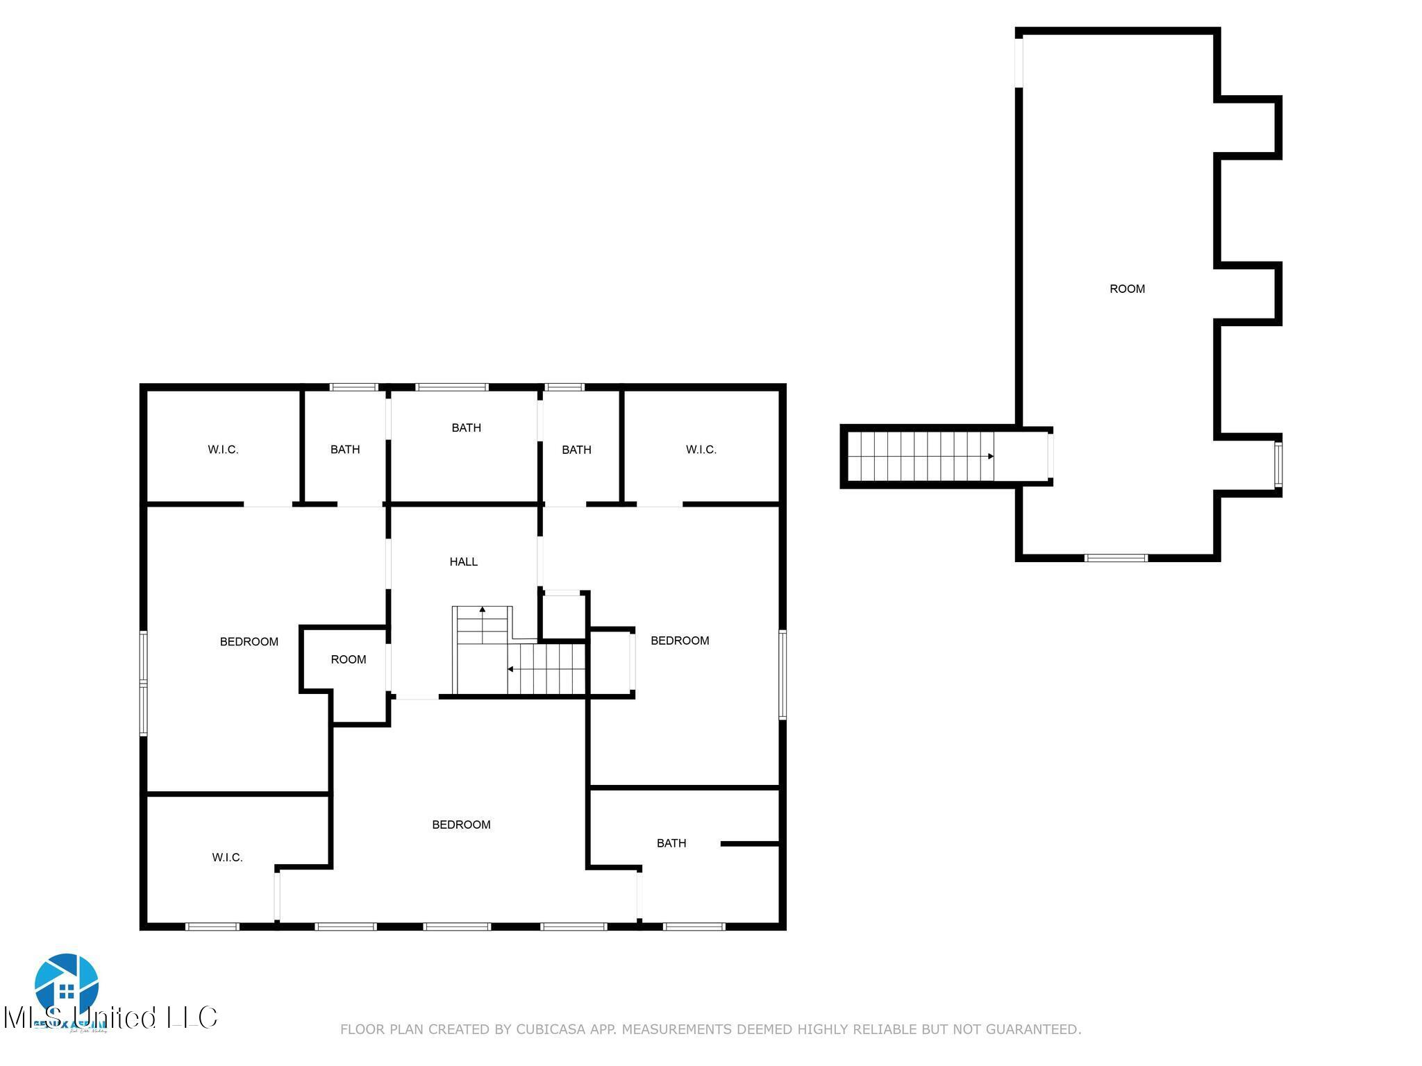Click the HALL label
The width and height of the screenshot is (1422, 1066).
coord(463,561)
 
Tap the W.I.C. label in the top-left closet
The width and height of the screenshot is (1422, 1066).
coord(223,450)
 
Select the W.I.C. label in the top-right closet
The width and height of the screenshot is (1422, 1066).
coord(701,450)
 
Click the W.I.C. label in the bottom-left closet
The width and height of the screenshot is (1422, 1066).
coord(227,858)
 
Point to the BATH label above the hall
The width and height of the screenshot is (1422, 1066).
coord(466,428)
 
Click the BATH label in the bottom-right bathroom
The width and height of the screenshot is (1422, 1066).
coord(671,843)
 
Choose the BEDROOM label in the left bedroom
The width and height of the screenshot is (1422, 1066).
coord(249,642)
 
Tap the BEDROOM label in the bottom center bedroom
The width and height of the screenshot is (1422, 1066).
coord(461,824)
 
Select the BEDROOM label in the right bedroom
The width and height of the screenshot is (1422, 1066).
coord(680,641)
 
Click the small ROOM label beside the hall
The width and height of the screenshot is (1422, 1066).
coord(348,659)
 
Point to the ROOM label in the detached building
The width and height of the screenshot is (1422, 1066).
coord(1127,289)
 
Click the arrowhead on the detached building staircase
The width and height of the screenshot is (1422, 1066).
coord(991,456)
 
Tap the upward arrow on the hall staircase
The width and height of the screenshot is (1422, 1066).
coord(483,609)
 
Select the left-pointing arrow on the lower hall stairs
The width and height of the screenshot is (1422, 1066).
coord(510,669)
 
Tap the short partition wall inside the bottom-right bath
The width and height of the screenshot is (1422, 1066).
coord(750,843)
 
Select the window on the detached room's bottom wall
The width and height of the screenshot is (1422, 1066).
coord(1116,557)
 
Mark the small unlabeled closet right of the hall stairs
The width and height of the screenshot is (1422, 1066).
coord(563,616)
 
